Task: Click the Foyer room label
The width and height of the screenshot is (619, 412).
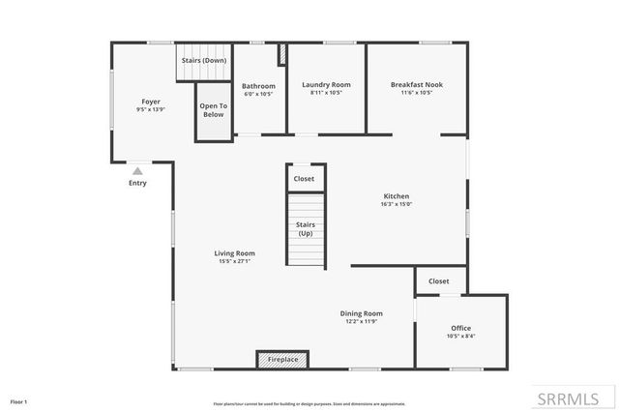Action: click(x=151, y=102)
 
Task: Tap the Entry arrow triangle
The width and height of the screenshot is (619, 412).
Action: click(x=137, y=171)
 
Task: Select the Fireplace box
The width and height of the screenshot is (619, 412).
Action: click(x=282, y=359)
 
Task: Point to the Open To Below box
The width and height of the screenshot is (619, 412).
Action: click(x=214, y=110)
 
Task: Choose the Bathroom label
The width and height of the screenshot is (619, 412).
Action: click(x=258, y=86)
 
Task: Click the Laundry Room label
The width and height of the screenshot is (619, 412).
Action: click(x=326, y=85)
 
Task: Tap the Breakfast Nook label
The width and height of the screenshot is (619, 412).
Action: click(x=418, y=85)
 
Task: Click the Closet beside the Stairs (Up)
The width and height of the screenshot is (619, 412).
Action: click(x=305, y=179)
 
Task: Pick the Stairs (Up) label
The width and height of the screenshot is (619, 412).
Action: click(x=305, y=228)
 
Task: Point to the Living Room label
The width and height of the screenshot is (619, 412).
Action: click(x=235, y=253)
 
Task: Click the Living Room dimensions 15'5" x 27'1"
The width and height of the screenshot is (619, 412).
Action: click(x=235, y=261)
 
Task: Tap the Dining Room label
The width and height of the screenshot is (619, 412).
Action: click(x=362, y=312)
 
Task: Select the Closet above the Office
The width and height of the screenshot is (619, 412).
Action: click(x=439, y=281)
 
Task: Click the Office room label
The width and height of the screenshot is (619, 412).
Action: click(x=461, y=328)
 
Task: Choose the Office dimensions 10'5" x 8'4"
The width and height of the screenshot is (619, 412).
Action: click(x=461, y=336)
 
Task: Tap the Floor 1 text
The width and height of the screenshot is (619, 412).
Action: click(x=19, y=401)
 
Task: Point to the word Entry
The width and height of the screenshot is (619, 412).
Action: click(x=137, y=183)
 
